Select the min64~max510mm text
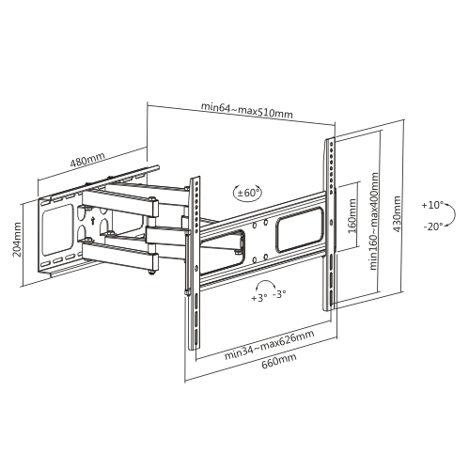point(247,113)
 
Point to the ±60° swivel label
point(248,192)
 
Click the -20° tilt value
point(432,227)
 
